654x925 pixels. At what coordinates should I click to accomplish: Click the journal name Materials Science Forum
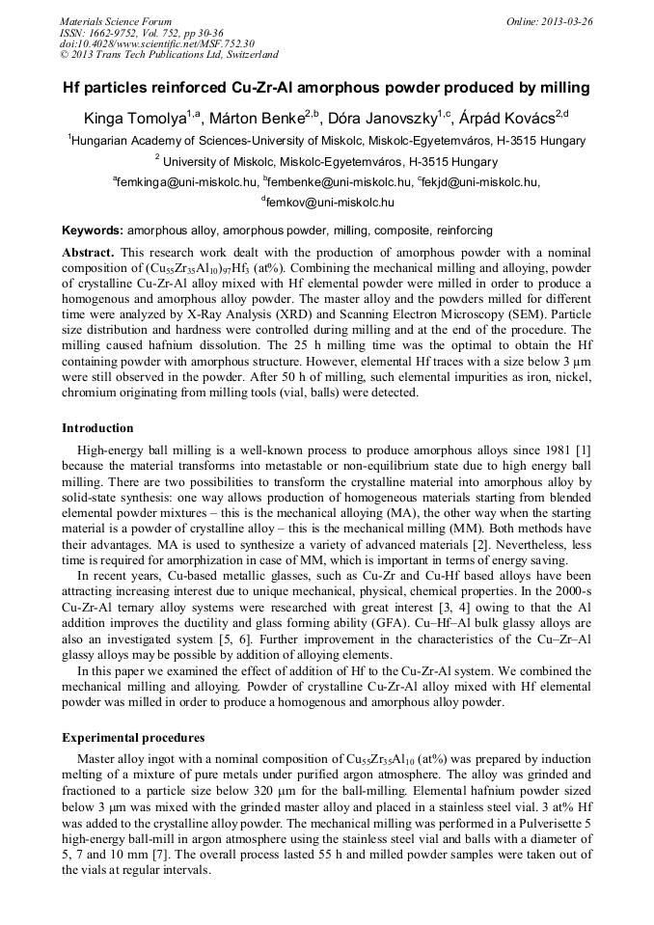tap(116, 21)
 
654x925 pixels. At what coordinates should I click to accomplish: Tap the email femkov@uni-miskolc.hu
tap(329, 203)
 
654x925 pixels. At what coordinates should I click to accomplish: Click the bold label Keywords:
tap(93, 231)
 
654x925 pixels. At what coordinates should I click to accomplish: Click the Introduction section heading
tap(98, 428)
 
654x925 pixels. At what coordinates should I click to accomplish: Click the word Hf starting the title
tap(74, 88)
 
